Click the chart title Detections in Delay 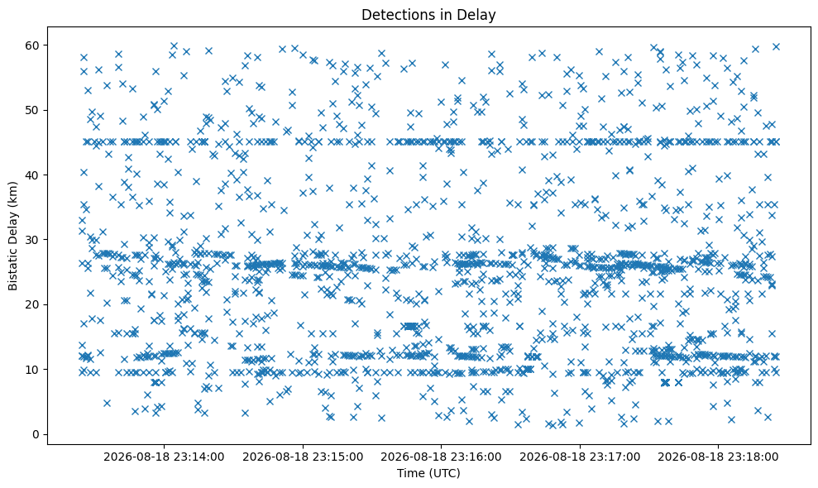click(428, 15)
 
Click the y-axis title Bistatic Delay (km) click(12, 236)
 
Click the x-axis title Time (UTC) click(428, 473)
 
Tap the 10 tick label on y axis click(34, 370)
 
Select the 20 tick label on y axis click(34, 305)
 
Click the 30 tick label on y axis click(34, 240)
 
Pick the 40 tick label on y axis click(34, 175)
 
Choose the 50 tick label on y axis click(34, 110)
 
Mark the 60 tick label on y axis click(34, 45)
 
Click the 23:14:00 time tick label click(164, 457)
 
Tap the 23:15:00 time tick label click(303, 457)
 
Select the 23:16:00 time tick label click(441, 457)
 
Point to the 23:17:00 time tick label click(580, 457)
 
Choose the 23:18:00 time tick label click(718, 457)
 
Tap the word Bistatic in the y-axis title click(12, 270)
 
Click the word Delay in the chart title click(478, 15)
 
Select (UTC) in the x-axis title click(443, 473)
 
